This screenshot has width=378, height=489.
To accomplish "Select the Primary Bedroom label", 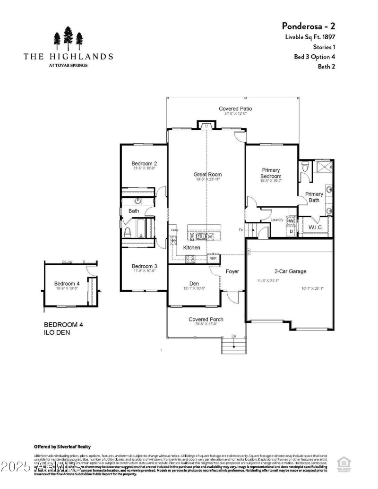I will pos(271,173).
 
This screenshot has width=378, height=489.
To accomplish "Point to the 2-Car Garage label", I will pos(291,271).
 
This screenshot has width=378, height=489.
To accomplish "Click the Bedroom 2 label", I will pos(144,164).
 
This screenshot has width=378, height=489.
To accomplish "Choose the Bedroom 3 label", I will pos(144,266).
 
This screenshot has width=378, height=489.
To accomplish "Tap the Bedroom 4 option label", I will pos(67,284).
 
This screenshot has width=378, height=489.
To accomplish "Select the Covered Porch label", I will pos(206,320).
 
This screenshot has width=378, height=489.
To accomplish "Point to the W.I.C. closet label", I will pos(316,228).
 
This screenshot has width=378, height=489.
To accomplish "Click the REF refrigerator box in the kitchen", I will pos(213,258).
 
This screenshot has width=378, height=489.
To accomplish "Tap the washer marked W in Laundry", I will pos(291,221).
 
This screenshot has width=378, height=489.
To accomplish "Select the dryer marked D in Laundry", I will pos(291,231).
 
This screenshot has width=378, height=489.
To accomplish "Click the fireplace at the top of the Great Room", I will pos(206,126).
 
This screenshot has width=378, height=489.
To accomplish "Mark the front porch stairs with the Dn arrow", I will pos(234,346).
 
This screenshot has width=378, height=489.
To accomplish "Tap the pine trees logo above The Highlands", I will pos(69,39).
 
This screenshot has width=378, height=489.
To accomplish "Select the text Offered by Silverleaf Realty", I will pos(62,447).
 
